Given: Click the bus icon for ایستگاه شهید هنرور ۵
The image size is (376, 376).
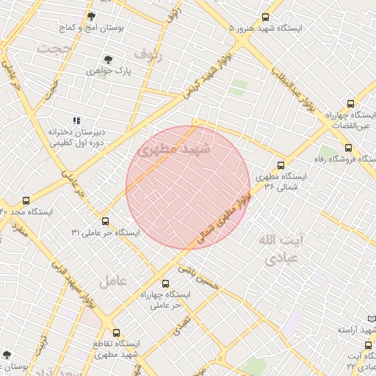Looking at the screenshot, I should (x=265, y=17).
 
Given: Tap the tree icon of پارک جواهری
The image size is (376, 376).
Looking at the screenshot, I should (x=108, y=59).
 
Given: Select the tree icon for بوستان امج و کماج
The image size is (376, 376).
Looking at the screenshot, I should (x=91, y=15).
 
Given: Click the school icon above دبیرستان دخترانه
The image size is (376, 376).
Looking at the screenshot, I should (x=76, y=120).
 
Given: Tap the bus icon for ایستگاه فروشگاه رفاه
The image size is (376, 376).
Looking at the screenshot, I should (x=348, y=148).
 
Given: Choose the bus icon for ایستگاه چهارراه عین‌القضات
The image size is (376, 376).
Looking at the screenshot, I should (x=350, y=104).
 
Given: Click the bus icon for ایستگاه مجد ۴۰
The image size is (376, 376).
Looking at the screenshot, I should (x=27, y=200).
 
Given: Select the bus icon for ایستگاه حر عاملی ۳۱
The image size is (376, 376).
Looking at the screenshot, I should (x=105, y=220).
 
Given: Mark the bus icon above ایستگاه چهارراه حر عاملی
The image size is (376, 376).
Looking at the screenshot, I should (x=164, y=283).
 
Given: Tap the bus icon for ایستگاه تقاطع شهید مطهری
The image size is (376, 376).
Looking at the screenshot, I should (x=116, y=333).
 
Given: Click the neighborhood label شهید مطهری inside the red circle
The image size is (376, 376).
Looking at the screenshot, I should (x=174, y=151).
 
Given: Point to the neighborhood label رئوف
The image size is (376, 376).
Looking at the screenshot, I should (x=149, y=54).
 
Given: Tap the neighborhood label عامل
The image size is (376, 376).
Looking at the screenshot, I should (x=113, y=281).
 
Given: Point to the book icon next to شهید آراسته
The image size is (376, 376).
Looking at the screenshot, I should (x=371, y=319).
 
